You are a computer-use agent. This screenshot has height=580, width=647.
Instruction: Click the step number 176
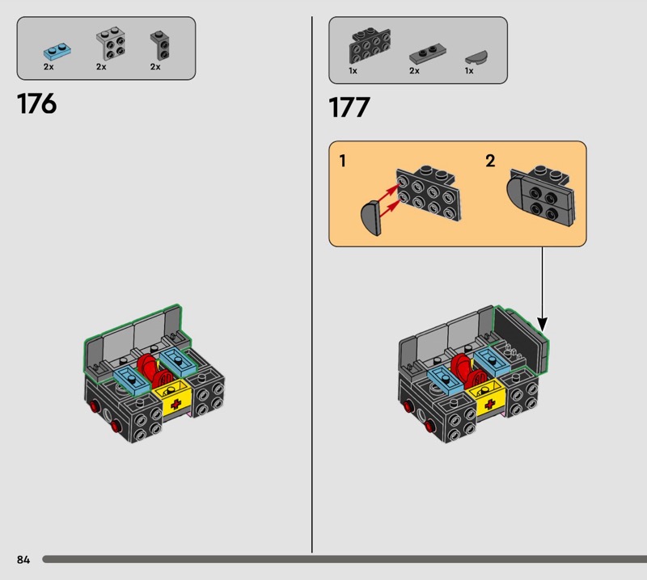(x=36, y=103)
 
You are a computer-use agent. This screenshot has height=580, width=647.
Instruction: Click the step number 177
(x=349, y=107)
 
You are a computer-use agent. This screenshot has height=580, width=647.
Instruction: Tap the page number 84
(x=23, y=559)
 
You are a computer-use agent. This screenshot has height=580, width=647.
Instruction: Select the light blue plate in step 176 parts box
(x=57, y=52)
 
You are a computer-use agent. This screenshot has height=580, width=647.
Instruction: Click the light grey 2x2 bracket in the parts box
(x=111, y=44)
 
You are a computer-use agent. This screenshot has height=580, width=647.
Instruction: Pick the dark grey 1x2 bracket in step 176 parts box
(x=160, y=45)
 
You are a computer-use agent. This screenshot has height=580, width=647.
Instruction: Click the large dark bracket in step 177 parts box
(x=370, y=45)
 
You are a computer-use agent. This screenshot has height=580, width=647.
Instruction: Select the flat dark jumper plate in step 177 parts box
(x=428, y=54)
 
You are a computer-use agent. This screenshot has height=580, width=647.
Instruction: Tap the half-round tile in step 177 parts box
(x=476, y=57)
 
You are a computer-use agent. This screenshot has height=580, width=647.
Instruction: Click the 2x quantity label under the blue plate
(x=49, y=67)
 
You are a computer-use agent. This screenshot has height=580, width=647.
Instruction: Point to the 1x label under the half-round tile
(x=469, y=71)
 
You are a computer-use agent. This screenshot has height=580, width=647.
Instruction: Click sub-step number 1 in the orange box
(x=342, y=161)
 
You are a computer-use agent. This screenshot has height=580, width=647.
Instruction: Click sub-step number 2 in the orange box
(x=490, y=161)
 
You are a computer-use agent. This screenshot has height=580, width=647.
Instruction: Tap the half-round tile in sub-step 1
(x=370, y=217)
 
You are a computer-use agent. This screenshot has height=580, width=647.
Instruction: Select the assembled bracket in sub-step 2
(x=540, y=195)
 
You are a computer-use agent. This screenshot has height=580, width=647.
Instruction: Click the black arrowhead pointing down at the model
(x=543, y=325)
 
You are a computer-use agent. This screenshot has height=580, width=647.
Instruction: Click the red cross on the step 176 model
(x=175, y=404)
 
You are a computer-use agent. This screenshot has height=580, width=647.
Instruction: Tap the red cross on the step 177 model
(x=490, y=404)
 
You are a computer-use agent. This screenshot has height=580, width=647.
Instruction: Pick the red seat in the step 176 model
(x=154, y=371)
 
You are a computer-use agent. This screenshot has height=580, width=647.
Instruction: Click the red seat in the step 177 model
(x=467, y=371)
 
